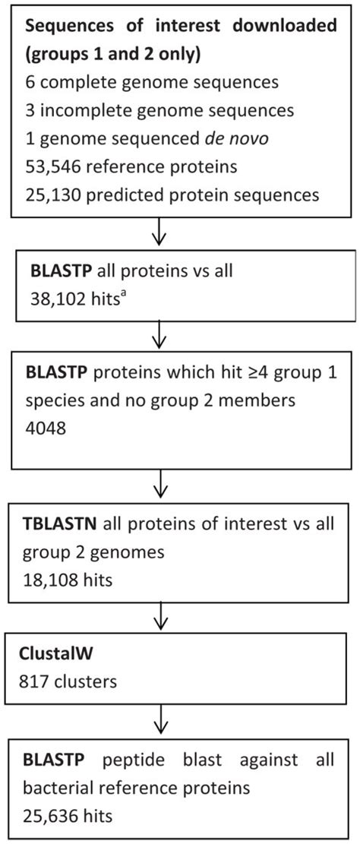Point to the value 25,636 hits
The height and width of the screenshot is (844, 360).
point(68,817)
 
